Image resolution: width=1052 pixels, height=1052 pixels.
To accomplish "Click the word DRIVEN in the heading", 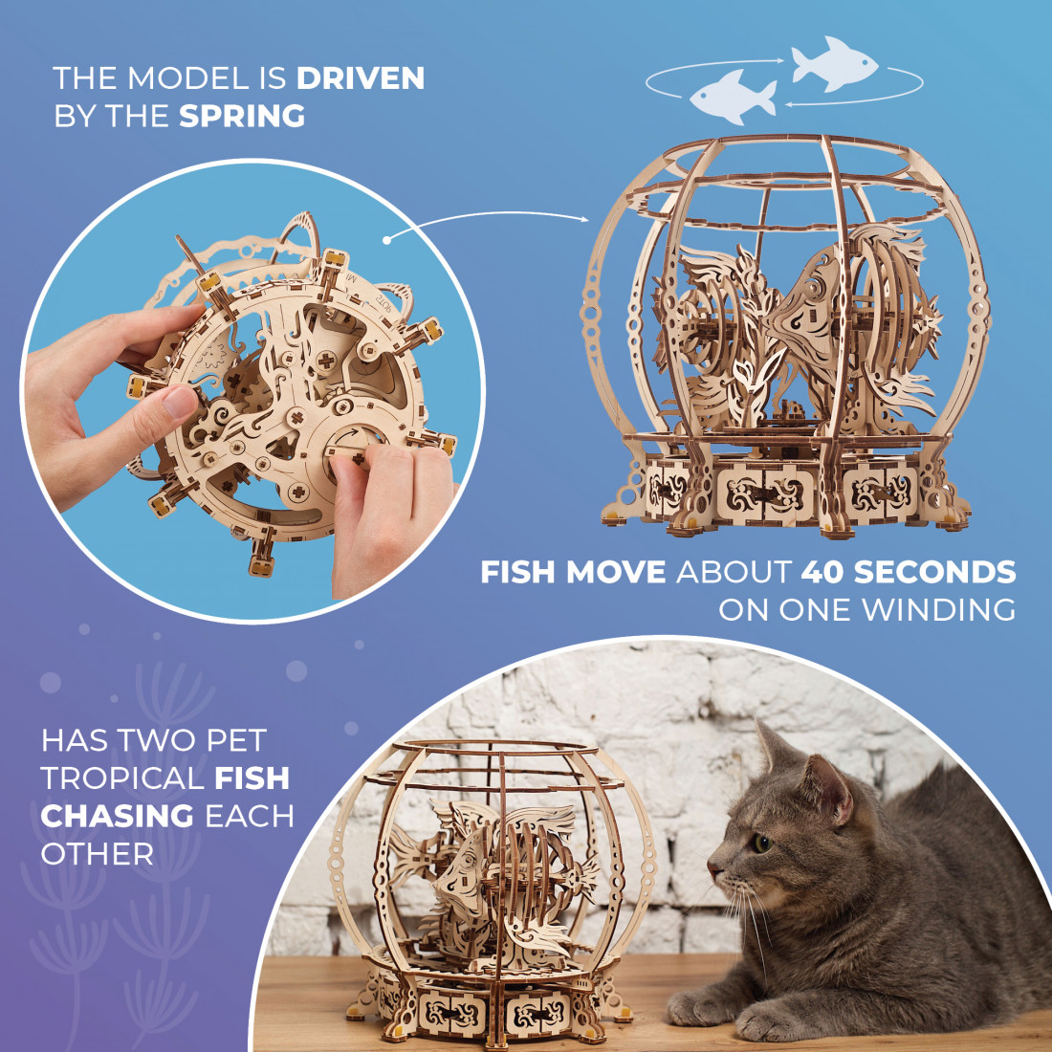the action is click(x=361, y=77).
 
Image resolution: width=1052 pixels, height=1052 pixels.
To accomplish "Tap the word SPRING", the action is click(x=242, y=116).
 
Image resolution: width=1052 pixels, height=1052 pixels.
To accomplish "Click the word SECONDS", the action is click(x=934, y=572).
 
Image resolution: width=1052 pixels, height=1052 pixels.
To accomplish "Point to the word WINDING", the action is click(x=938, y=610).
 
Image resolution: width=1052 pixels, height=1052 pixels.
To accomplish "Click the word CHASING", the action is click(x=118, y=817).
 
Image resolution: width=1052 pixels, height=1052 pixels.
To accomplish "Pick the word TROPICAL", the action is click(x=122, y=778).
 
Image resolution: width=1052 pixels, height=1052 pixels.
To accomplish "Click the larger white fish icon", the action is click(x=833, y=64).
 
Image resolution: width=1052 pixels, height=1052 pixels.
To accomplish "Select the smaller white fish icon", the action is click(x=733, y=97).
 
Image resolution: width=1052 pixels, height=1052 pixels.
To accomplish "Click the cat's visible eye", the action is click(x=761, y=844).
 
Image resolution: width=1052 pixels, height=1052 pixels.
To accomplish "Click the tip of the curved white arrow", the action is click(x=588, y=219).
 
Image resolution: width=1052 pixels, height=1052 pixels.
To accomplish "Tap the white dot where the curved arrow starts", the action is click(x=387, y=239).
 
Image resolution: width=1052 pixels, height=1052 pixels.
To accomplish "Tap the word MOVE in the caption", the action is click(x=615, y=572).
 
